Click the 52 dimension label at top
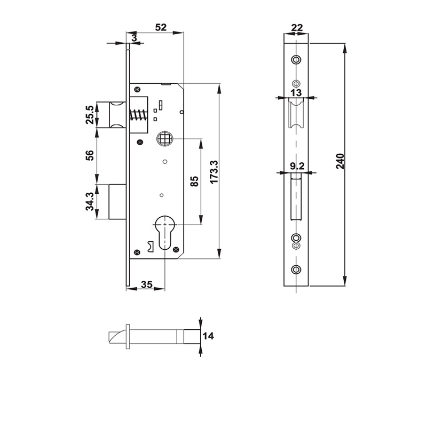(x=159, y=27)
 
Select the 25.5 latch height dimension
(x=90, y=115)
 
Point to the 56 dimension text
(x=90, y=155)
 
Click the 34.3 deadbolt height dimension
(x=90, y=201)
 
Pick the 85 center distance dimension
(x=195, y=181)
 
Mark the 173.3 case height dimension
(x=214, y=171)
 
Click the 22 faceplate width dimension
(x=296, y=27)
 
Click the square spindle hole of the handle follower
(x=165, y=140)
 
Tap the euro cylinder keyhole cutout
(x=165, y=230)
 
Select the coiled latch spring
(x=140, y=115)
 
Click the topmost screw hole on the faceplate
(x=296, y=59)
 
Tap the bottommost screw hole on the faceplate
(x=296, y=270)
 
